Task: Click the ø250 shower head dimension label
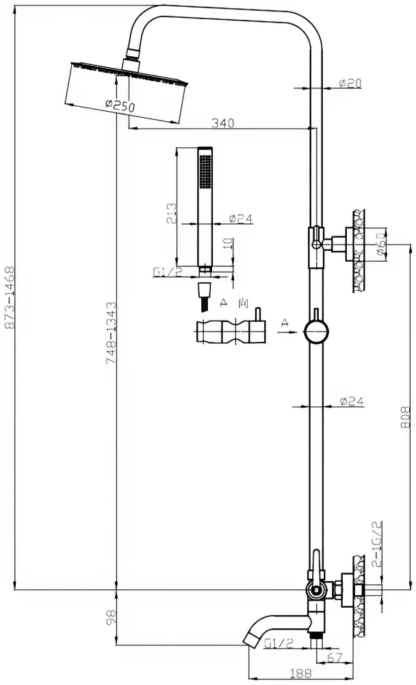click(120, 105)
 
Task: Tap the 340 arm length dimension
click(222, 123)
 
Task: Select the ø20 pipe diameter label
click(350, 83)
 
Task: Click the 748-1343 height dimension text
click(112, 333)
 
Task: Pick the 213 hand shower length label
click(172, 213)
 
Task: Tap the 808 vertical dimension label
click(406, 418)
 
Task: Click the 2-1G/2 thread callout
click(377, 544)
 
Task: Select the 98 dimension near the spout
click(112, 617)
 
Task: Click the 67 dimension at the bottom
click(334, 657)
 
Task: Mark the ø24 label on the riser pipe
click(352, 401)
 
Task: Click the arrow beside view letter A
click(287, 332)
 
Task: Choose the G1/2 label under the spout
click(279, 643)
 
